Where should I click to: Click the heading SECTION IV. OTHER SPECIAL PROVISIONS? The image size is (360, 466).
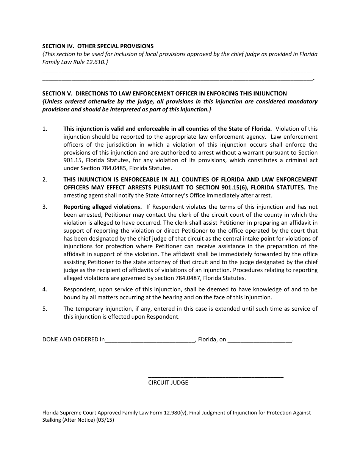(98, 46)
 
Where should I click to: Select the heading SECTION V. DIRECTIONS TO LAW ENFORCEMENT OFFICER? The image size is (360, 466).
(164, 93)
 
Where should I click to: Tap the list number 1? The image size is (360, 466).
(45, 129)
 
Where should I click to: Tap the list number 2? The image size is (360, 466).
(45, 180)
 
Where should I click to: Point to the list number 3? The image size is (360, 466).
(45, 207)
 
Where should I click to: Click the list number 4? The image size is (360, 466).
(45, 289)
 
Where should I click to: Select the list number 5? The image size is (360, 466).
(45, 309)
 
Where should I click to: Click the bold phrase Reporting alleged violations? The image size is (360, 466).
(103, 207)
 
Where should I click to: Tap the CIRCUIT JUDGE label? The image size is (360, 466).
(168, 383)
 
